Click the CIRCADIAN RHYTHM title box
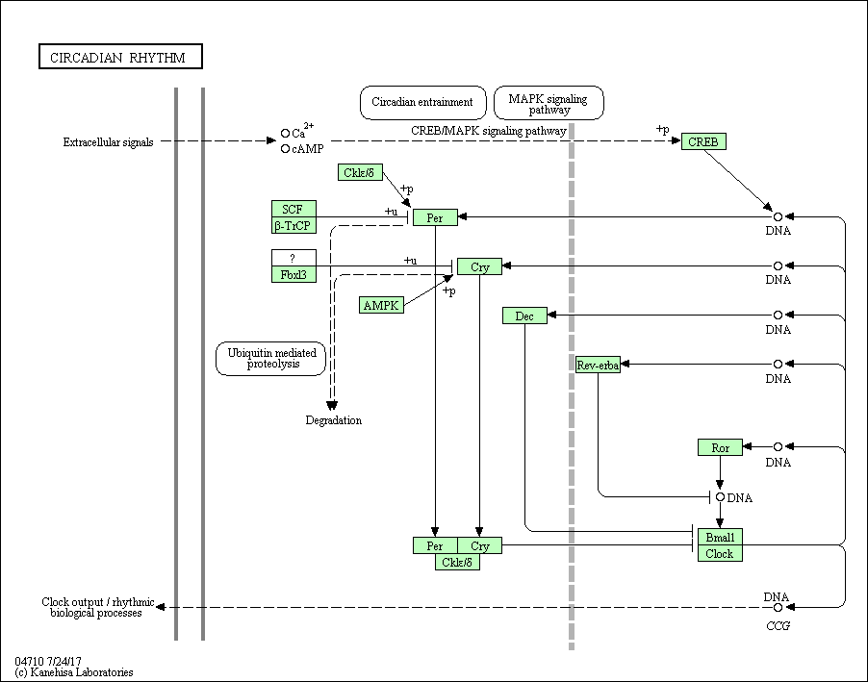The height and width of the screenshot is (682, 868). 120,57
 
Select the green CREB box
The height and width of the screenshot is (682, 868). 703,141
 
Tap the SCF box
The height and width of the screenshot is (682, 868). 294,209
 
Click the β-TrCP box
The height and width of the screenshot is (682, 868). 294,225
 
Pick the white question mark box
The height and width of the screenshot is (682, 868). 294,258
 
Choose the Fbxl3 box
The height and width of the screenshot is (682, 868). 294,274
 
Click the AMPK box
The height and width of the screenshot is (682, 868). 381,305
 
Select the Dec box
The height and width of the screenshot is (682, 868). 524,316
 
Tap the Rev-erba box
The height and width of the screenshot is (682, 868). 598,365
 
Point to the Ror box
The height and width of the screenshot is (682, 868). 720,447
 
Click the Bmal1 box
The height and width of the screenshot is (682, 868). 720,537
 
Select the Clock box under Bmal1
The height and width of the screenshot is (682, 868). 720,553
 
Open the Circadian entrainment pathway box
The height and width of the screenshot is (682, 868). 422,102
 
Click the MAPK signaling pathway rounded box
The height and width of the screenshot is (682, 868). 549,102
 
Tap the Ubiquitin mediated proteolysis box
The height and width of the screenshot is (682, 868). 271,359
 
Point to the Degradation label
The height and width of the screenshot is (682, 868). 334,420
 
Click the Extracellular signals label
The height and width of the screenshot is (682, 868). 108,142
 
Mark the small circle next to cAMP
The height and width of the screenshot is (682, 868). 285,149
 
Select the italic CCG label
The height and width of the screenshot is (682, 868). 778,625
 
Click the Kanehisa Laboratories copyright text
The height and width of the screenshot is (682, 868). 74,672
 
